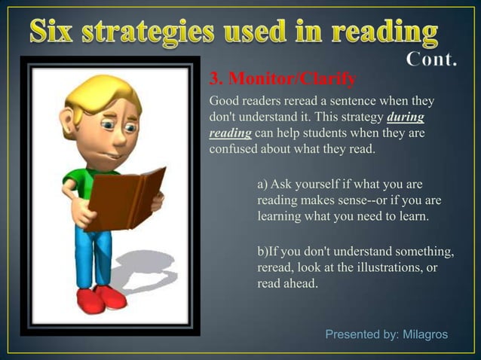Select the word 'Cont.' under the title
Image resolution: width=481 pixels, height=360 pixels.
point(431,59)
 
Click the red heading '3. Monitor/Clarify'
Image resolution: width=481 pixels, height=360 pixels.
point(282,78)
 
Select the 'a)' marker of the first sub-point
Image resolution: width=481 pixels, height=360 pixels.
point(262,184)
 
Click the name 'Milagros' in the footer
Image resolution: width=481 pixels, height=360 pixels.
point(425,334)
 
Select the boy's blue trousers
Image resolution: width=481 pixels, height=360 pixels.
point(94,256)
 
